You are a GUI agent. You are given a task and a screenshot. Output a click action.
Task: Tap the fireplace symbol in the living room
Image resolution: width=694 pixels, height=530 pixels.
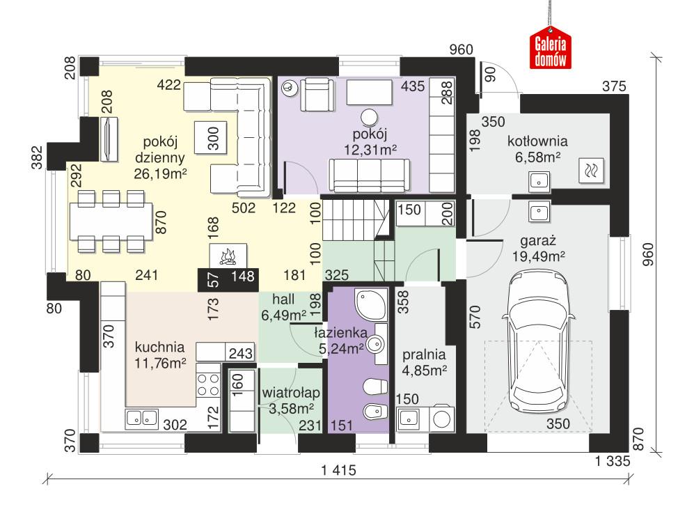tap(227, 257)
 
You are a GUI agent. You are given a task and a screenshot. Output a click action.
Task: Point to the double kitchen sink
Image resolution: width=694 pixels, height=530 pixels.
tap(142, 418)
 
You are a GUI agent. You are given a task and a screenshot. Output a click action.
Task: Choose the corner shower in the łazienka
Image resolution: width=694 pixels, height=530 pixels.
tap(369, 304)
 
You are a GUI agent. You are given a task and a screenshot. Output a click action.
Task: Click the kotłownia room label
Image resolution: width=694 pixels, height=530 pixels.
tap(538, 140)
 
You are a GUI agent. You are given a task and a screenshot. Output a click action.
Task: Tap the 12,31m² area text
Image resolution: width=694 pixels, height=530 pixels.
tap(370, 148)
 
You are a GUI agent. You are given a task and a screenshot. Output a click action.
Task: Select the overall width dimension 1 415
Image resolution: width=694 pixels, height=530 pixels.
tap(338, 471)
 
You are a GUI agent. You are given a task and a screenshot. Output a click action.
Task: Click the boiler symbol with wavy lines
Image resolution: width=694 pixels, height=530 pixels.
tap(592, 169)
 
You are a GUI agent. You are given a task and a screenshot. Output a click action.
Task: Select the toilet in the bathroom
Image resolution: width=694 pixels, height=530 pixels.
tap(375, 386)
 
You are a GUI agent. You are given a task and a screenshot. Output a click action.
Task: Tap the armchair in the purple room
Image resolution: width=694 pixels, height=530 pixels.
tap(316, 93)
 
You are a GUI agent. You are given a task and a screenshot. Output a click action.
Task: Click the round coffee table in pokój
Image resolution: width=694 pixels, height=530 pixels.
tap(369, 117)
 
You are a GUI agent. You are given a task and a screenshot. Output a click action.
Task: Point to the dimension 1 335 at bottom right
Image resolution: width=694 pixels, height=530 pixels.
tap(613, 460)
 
